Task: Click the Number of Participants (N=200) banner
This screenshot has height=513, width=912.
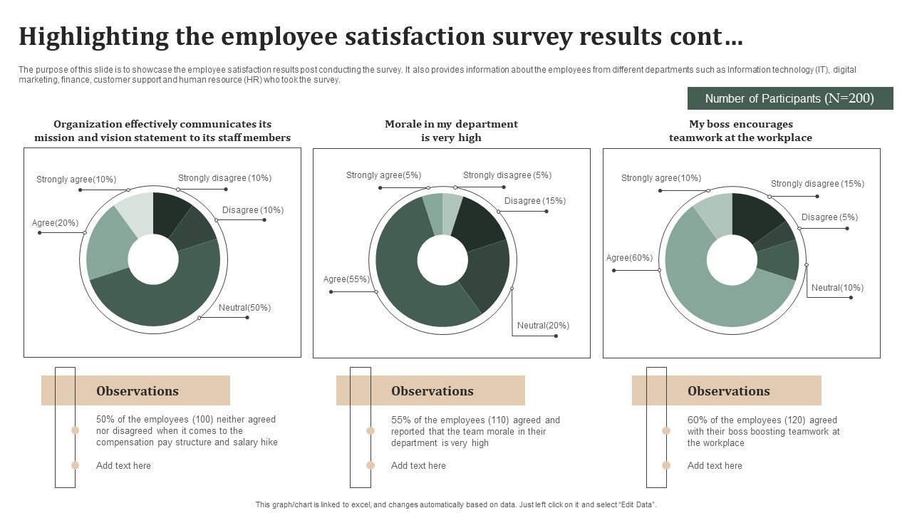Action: click(x=789, y=98)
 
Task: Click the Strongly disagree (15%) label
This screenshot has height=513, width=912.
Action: click(x=817, y=184)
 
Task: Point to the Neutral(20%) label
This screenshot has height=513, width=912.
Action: click(x=543, y=326)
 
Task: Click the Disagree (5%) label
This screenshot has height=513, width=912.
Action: click(x=829, y=217)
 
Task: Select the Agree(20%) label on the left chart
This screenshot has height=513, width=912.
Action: click(x=55, y=223)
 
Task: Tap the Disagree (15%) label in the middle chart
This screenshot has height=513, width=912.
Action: click(x=534, y=201)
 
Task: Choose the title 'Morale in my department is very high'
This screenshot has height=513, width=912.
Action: click(x=451, y=131)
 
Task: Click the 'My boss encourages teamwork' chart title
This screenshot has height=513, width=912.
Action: click(x=740, y=131)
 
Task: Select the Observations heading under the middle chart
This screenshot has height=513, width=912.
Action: click(x=432, y=391)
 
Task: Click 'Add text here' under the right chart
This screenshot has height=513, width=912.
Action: click(x=715, y=466)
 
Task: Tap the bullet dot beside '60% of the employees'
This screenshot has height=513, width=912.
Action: click(x=666, y=431)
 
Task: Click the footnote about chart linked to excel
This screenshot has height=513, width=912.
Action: click(x=456, y=504)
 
